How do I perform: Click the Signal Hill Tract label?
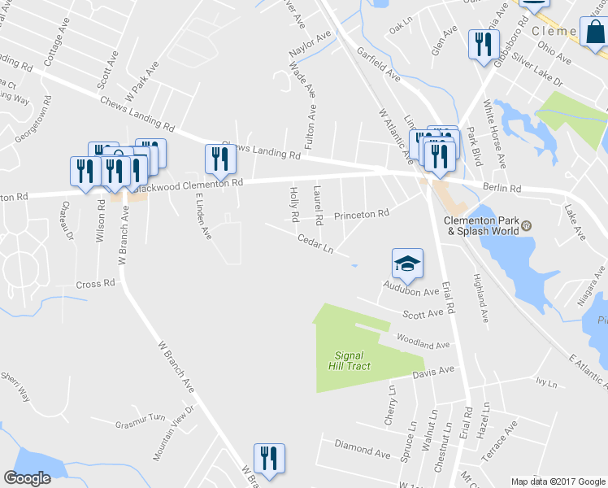[x=353, y=360]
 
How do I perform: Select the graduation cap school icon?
[x=407, y=264]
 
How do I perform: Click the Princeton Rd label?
[x=362, y=214]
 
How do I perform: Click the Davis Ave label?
[x=433, y=371]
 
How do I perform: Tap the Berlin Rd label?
[x=500, y=187]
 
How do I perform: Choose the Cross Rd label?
[x=95, y=284]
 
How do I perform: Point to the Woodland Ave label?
[x=423, y=341]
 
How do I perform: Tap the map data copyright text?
[x=558, y=481]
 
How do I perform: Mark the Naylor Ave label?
[x=310, y=45]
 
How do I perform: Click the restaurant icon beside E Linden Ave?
[x=219, y=159]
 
